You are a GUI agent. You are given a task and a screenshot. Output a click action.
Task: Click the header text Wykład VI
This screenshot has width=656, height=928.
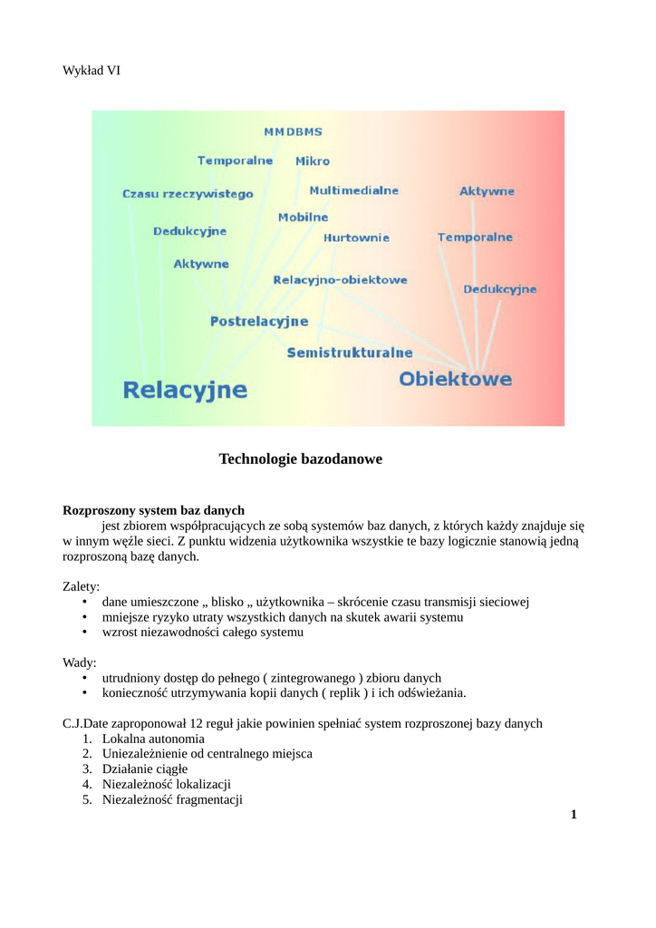point(91,70)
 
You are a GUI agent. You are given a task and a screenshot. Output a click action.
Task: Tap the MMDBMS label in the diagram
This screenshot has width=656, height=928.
point(292,131)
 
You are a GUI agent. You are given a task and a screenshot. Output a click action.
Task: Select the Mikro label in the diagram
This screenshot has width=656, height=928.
point(313,161)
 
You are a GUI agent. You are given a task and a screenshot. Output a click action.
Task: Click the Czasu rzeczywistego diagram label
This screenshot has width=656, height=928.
point(188,194)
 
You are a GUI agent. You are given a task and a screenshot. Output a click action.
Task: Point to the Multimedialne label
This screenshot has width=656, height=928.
point(353,191)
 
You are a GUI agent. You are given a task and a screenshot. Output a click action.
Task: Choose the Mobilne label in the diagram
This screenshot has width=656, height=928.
point(303,217)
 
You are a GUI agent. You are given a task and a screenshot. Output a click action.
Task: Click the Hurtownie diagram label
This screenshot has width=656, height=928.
point(356,237)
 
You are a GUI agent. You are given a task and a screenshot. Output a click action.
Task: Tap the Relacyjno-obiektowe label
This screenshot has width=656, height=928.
point(340,280)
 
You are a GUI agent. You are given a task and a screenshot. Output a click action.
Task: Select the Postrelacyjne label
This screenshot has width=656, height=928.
point(259,321)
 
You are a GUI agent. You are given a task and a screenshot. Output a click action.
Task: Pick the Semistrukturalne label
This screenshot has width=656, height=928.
point(350,353)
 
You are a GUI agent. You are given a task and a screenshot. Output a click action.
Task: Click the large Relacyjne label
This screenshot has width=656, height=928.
point(185,390)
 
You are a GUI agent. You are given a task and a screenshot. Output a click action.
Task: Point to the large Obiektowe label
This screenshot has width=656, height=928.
point(456,380)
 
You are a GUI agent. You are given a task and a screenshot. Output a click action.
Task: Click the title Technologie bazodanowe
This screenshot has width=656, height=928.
point(301,459)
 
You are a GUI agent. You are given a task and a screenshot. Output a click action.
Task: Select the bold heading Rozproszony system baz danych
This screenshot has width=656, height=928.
point(153,510)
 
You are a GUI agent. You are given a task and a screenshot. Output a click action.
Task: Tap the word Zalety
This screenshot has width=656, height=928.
point(81,586)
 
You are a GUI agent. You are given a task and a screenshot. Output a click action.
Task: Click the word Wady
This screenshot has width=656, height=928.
point(79,662)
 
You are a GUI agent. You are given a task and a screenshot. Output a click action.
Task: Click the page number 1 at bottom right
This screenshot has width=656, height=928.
point(574,815)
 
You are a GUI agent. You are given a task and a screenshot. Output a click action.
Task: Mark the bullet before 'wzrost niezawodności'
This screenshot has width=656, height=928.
point(84,633)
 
